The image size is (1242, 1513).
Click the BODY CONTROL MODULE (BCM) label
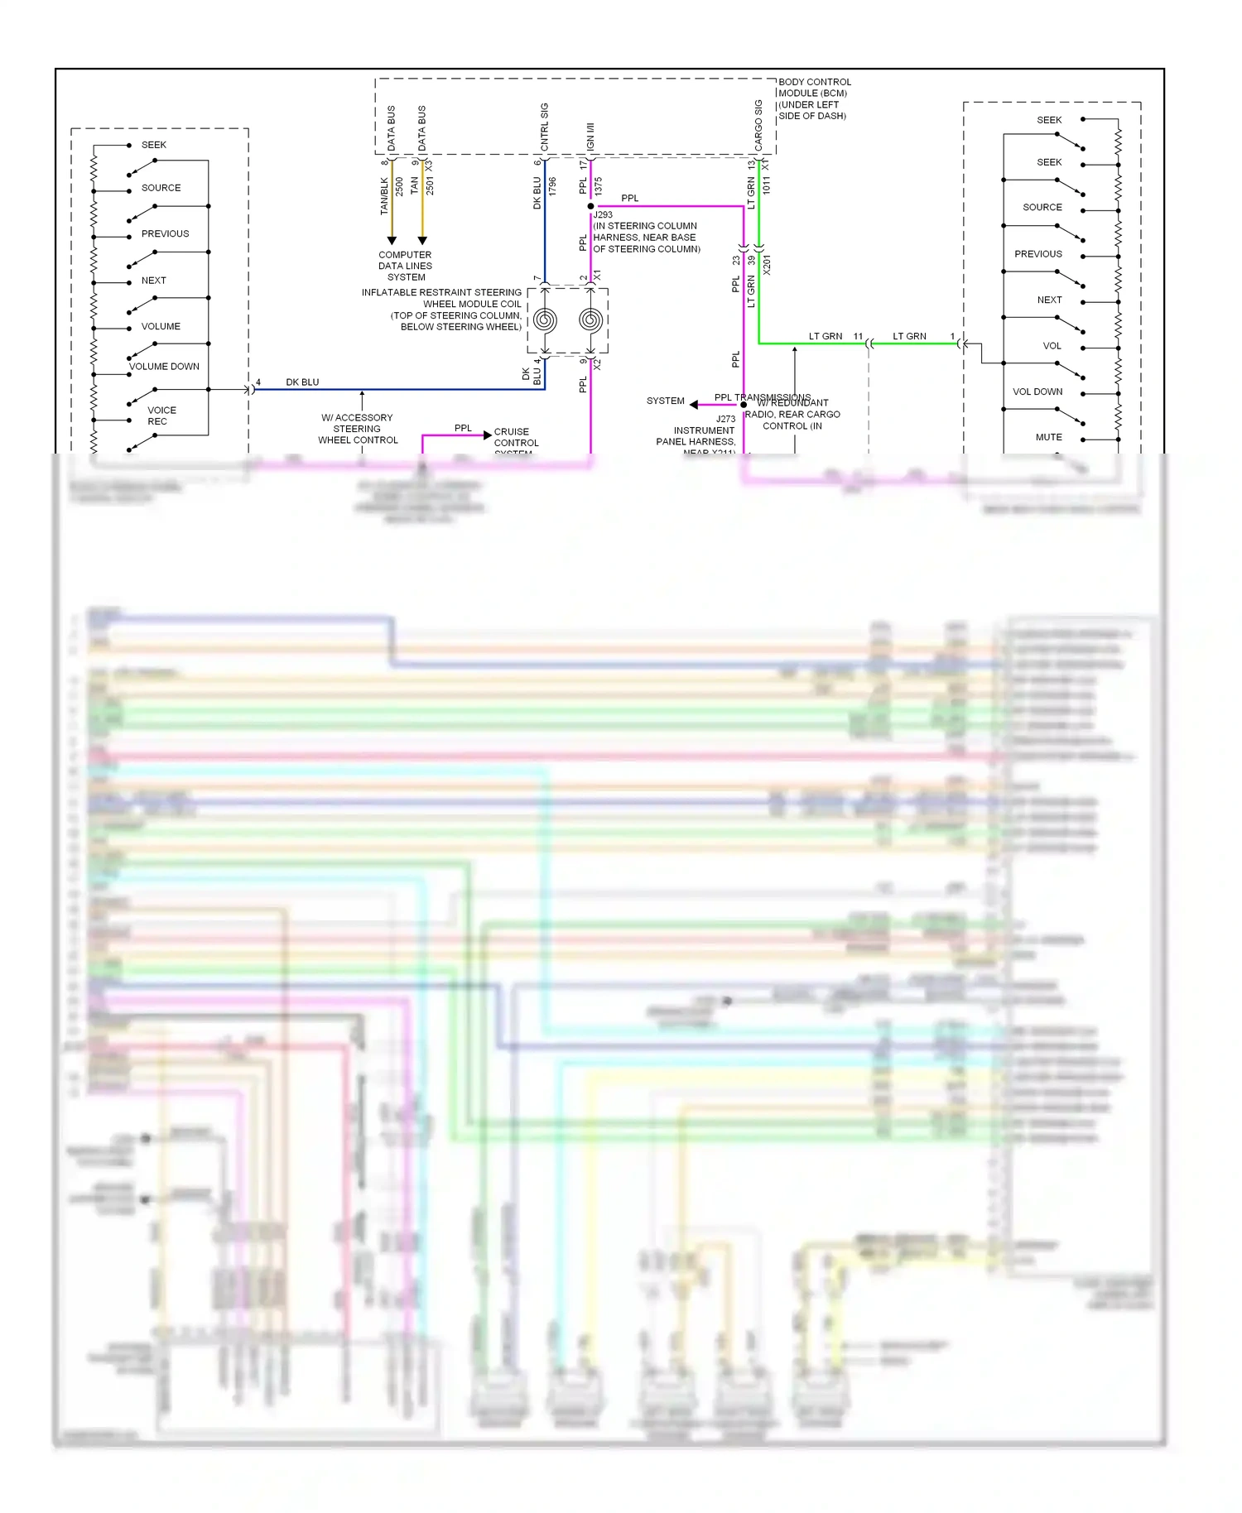(814, 98)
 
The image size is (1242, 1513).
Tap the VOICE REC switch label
(161, 415)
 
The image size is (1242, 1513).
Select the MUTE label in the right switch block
(1048, 437)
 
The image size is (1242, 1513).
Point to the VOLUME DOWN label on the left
(164, 367)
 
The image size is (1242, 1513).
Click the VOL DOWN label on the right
(1037, 391)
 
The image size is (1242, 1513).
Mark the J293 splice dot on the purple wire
(590, 206)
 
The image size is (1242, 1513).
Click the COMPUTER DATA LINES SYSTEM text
(405, 266)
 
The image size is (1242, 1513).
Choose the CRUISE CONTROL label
(516, 438)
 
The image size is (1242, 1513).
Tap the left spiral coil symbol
(545, 319)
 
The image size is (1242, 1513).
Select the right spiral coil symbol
(590, 319)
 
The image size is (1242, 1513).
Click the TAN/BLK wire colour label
(384, 196)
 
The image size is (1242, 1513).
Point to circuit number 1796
(552, 187)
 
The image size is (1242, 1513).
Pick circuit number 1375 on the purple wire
(598, 187)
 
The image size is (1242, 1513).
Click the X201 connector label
(767, 266)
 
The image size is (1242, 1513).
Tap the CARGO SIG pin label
(758, 125)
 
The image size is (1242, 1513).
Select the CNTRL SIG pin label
(545, 127)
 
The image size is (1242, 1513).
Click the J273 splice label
(725, 419)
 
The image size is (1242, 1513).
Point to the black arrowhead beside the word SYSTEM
(694, 405)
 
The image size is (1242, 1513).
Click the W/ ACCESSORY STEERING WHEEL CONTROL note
(358, 429)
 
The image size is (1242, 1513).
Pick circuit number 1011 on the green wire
(767, 185)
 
